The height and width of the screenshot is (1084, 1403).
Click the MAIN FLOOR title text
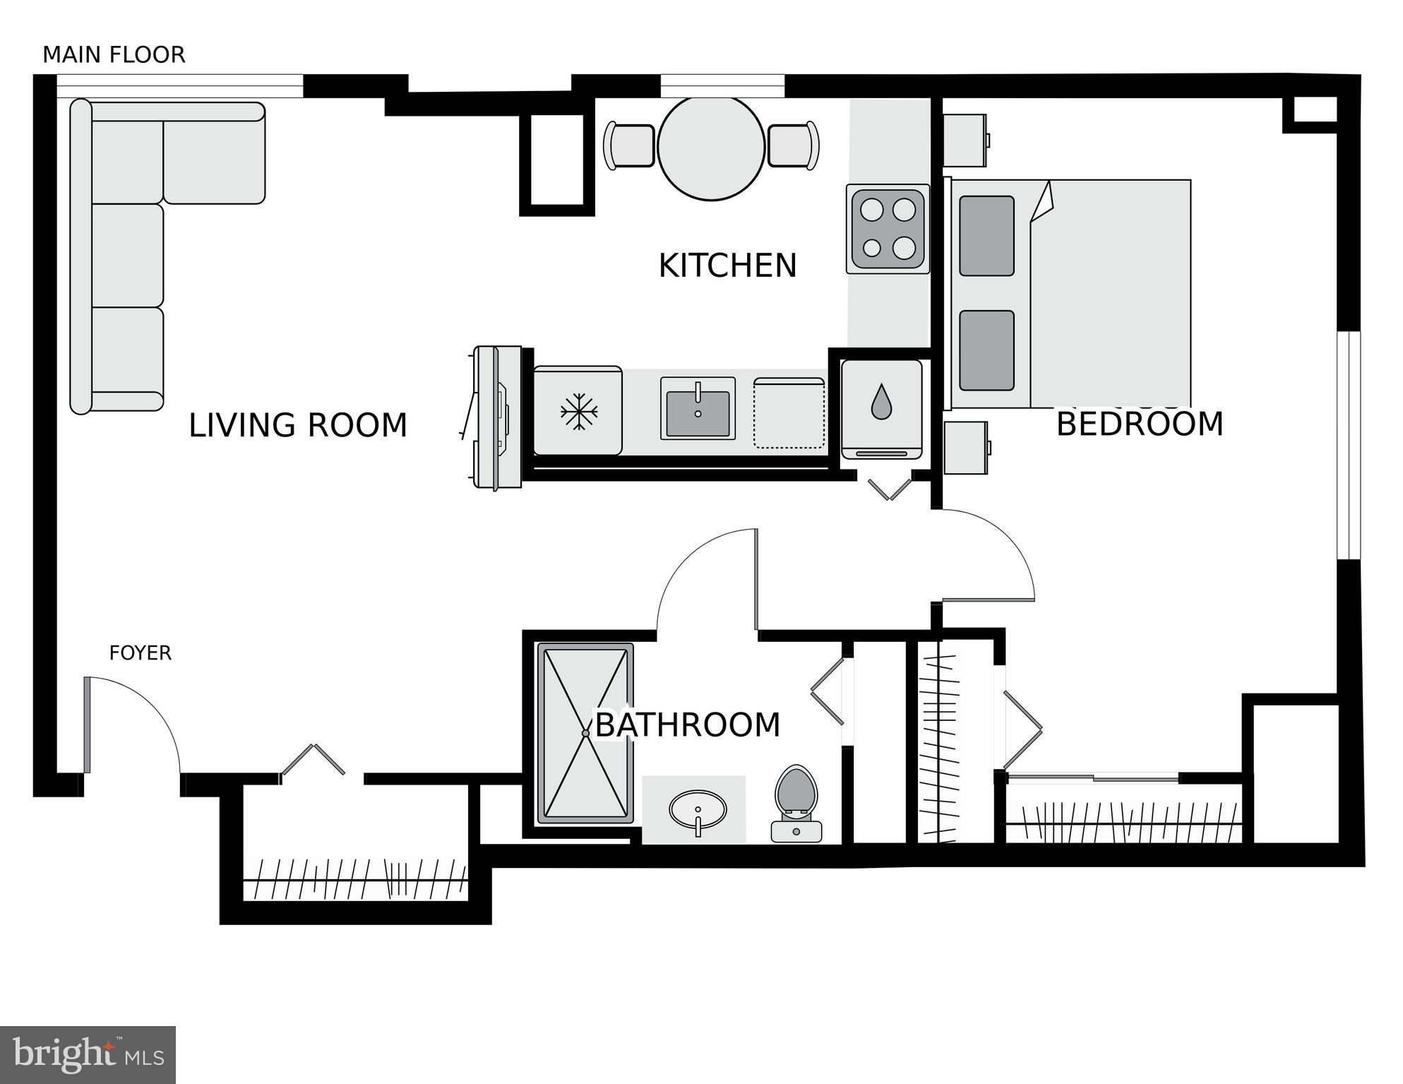[114, 55]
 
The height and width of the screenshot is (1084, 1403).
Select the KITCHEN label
[727, 266]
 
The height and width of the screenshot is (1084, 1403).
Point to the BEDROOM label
[1139, 424]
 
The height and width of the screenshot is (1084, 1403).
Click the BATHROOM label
[688, 725]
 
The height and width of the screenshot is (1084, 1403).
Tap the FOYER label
[140, 653]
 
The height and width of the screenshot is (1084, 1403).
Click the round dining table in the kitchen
[711, 148]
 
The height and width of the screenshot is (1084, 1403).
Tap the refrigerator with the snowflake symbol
[578, 410]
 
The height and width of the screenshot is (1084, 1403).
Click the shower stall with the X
[585, 733]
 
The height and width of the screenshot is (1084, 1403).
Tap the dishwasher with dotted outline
[789, 413]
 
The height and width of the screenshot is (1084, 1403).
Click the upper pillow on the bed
[986, 236]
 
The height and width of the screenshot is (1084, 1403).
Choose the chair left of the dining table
[629, 146]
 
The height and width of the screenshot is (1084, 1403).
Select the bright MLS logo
[88, 1055]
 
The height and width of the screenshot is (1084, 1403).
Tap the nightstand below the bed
[966, 448]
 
